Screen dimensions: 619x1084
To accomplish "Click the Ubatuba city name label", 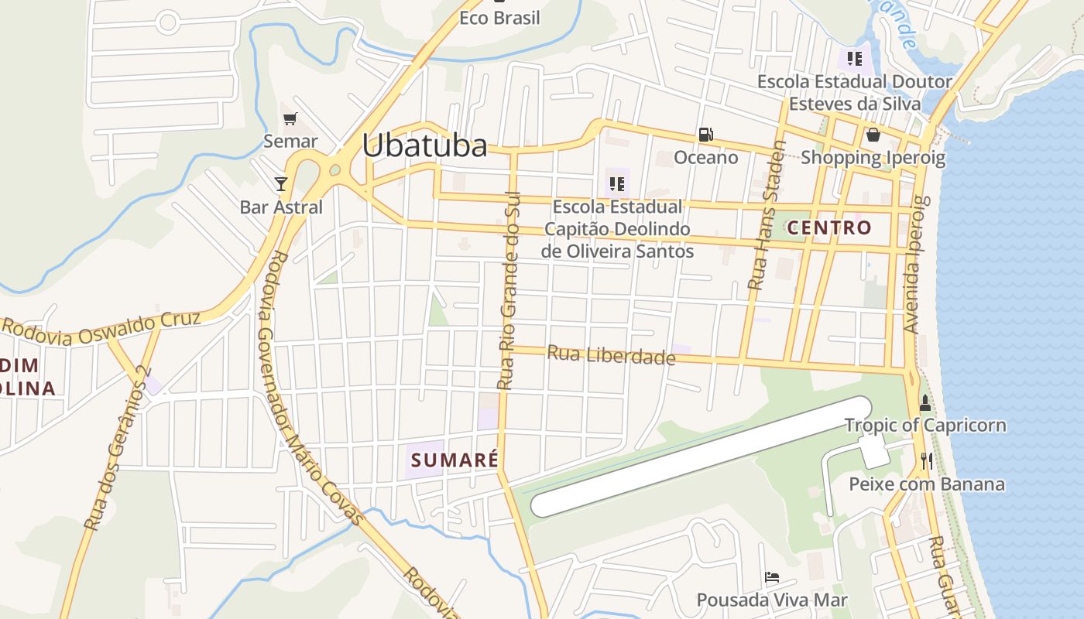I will pos(424,145).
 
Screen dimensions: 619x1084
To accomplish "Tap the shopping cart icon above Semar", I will pos(290,118).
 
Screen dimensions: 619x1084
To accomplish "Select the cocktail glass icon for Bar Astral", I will pos(281,183).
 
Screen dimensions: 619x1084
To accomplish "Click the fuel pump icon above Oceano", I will pos(705,134).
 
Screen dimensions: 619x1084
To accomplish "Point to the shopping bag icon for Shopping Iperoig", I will pos(873,135).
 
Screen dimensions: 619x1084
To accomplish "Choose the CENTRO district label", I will pos(829,228).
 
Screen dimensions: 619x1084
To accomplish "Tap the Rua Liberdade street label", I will pos(611,355).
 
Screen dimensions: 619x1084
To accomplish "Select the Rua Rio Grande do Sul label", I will pos(509,290).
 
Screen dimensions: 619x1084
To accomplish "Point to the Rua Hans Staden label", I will pos(766,215).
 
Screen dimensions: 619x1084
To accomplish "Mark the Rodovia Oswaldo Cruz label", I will pos(101,328).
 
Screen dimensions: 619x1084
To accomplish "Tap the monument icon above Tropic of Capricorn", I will pos(924,403).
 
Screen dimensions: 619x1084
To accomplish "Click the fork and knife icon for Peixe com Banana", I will pos(926,461).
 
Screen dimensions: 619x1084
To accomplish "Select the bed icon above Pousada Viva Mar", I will pos(771,577).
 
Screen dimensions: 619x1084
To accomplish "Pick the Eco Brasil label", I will pos(499,18).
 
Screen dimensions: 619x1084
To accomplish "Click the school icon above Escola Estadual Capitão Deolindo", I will pos(616,183).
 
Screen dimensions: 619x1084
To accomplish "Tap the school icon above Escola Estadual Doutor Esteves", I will pos(855,58).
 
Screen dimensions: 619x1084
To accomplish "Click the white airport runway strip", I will pos(701,457).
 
